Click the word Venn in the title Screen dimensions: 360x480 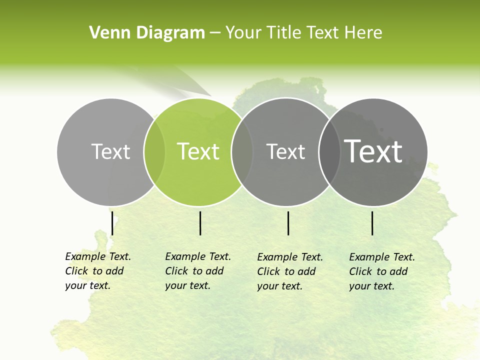coord(105,33)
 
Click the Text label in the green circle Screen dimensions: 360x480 coord(198,151)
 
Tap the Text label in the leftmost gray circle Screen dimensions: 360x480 coord(111,151)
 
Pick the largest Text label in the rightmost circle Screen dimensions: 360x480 coord(373,151)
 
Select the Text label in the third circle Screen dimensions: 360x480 coord(286,151)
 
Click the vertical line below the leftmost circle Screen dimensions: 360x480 coord(112,223)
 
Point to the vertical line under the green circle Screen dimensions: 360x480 coord(200,223)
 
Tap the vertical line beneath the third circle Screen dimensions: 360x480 coord(288,223)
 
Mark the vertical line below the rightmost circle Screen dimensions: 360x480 coord(372,223)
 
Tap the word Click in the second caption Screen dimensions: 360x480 coord(176,271)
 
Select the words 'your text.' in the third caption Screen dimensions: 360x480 coord(280,286)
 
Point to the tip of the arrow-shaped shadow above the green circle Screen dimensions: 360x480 coord(210,95)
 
